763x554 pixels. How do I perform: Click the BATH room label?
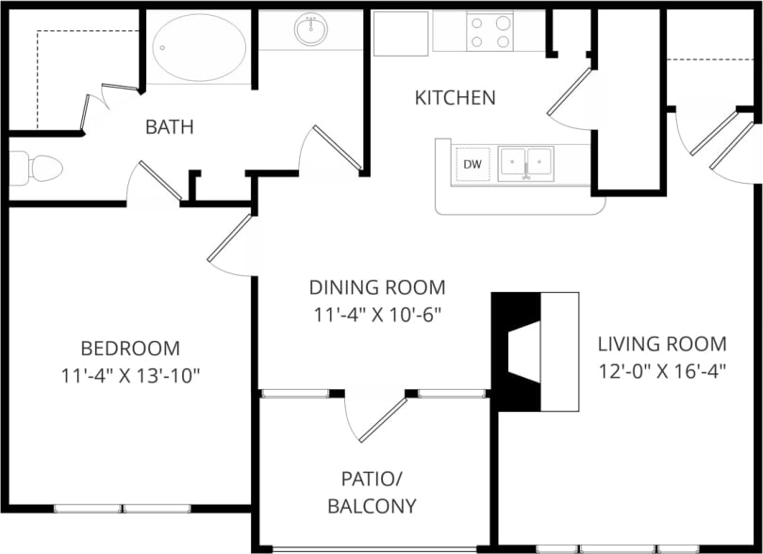[170, 126]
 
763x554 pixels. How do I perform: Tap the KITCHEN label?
[456, 97]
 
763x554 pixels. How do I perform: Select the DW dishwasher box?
[473, 165]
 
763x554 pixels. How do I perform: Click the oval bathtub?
[199, 47]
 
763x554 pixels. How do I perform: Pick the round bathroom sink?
[311, 30]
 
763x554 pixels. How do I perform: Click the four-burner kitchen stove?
[490, 31]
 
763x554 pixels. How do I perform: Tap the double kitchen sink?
[526, 162]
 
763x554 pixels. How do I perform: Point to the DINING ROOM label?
[377, 287]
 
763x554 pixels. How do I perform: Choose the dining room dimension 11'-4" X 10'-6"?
[377, 315]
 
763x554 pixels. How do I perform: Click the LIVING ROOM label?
[662, 343]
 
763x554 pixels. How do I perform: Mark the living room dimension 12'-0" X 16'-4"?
[662, 370]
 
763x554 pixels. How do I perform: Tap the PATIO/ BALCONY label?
[372, 492]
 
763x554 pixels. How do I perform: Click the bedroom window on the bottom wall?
[123, 509]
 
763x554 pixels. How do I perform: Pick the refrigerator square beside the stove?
[401, 32]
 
